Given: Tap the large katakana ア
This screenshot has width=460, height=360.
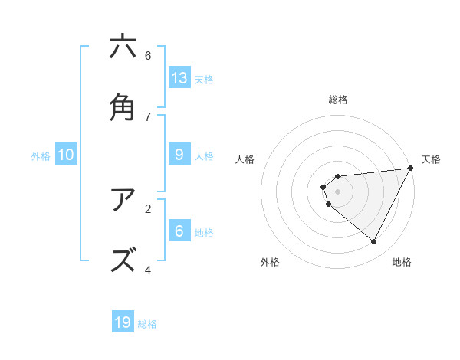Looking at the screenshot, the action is (x=123, y=200).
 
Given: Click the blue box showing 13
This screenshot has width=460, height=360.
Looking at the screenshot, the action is (x=179, y=78).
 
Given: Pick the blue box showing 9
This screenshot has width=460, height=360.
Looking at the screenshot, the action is (x=179, y=155).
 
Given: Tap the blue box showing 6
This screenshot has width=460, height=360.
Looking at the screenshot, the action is (x=179, y=231).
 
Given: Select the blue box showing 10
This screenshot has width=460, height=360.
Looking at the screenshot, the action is (x=66, y=155).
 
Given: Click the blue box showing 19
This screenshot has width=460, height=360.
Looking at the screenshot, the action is (x=123, y=322).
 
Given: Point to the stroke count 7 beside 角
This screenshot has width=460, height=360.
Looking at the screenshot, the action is (x=148, y=116).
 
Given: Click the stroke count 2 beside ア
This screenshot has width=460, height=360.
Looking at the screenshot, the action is (x=148, y=208).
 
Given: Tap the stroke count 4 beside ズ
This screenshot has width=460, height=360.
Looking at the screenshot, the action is (x=148, y=270).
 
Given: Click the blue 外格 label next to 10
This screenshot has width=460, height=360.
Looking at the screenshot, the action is (x=41, y=155).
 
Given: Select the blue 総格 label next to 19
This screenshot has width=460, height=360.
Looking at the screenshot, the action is (x=147, y=323).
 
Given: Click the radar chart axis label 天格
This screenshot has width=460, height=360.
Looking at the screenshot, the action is (x=431, y=159).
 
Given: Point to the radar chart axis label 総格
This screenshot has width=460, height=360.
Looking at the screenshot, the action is (x=337, y=100).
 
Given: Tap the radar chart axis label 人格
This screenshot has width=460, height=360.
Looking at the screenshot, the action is (x=245, y=159).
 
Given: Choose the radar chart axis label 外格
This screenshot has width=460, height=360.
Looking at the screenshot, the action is (x=270, y=262).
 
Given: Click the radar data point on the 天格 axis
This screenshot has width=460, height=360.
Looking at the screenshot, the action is (x=411, y=169).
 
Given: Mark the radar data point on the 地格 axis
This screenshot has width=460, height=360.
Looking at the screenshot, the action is (x=374, y=241).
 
